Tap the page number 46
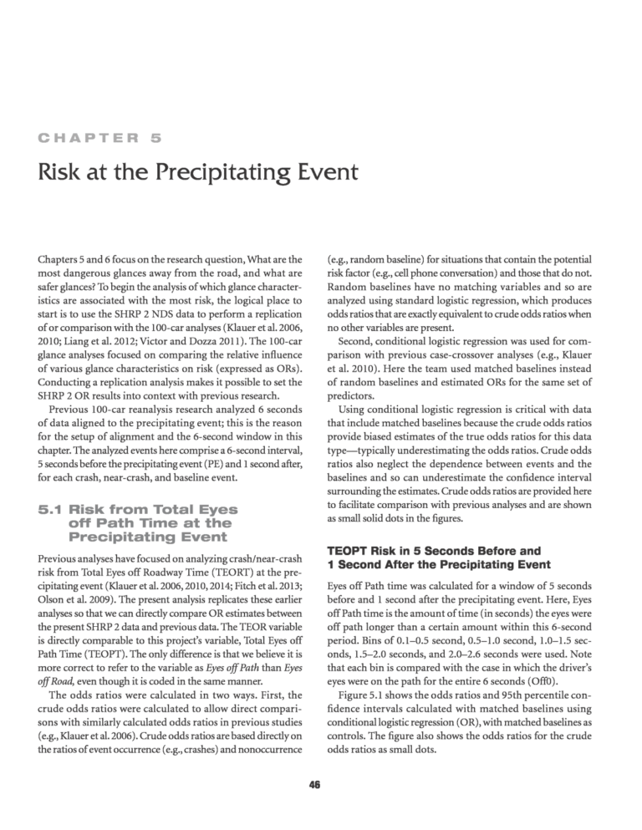(x=321, y=785)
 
